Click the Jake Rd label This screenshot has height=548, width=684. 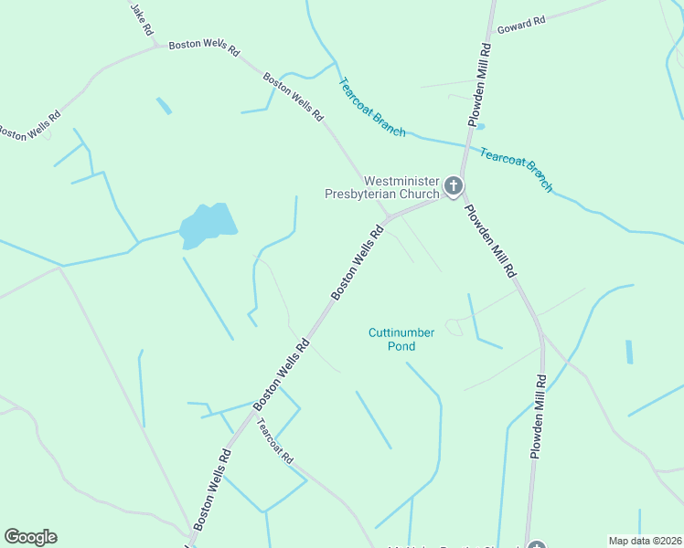tap(142, 19)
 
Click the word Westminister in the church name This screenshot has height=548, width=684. tap(401, 181)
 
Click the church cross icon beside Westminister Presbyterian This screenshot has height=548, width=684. tap(453, 188)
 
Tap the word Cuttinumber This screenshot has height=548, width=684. tap(401, 333)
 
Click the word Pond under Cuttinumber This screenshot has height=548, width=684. tap(401, 347)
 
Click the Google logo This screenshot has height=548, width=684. tap(30, 537)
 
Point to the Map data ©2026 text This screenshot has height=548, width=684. tap(644, 541)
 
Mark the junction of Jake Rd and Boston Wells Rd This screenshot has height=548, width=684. tap(157, 42)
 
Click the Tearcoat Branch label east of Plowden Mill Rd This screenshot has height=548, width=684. tap(517, 170)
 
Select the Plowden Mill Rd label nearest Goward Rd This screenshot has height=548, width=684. tap(479, 88)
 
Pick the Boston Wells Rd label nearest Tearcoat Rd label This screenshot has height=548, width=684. tap(282, 373)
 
